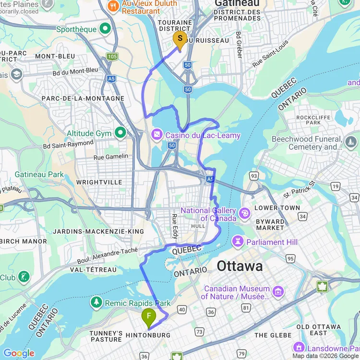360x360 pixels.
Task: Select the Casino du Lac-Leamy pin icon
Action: point(157,135)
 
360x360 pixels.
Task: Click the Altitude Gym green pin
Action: point(120,133)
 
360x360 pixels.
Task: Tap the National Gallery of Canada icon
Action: point(245,213)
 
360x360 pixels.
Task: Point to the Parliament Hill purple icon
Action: point(238,241)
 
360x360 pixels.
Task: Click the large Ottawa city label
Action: point(240,266)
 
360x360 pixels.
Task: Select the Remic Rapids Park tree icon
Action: point(97,302)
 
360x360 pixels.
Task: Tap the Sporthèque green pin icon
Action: point(105,29)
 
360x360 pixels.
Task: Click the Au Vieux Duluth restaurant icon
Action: point(113,6)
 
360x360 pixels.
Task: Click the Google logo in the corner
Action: point(19,353)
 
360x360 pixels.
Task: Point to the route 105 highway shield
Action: point(112,57)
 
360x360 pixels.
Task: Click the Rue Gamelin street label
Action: point(111,156)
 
